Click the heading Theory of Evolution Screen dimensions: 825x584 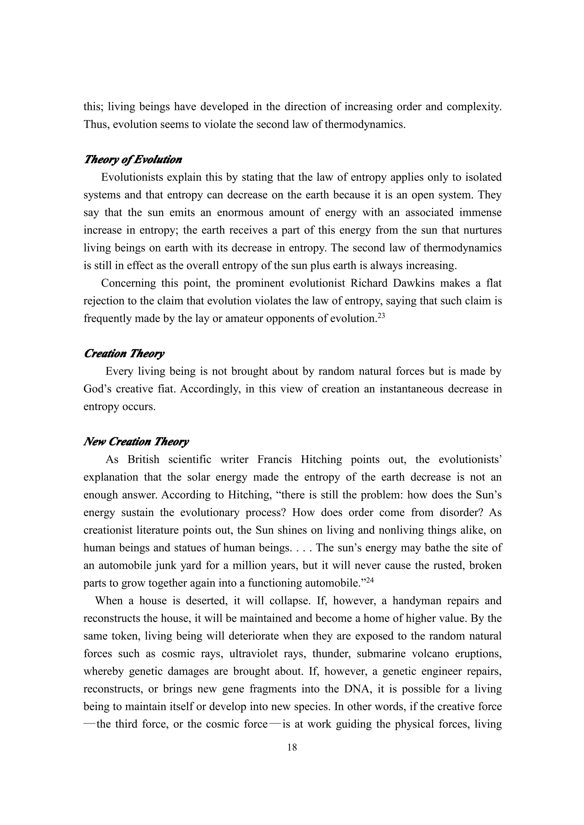coord(133,160)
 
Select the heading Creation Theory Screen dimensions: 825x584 coord(124,354)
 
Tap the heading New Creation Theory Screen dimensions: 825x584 coord(136,442)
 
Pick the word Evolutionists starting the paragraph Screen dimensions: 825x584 coord(132,177)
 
